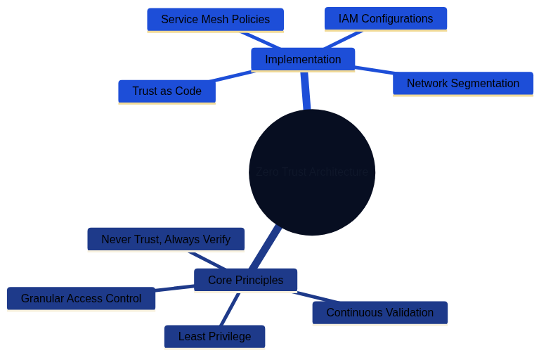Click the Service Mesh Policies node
click(x=215, y=20)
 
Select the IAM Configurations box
click(x=385, y=19)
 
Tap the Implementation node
click(x=303, y=60)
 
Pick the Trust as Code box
click(x=167, y=91)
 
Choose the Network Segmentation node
click(x=462, y=84)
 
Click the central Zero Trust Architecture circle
click(x=312, y=172)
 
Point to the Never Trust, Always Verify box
click(x=166, y=240)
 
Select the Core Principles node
click(x=245, y=281)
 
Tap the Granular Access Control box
click(x=81, y=299)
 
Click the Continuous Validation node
click(x=379, y=313)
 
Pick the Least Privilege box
click(x=214, y=337)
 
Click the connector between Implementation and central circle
click(x=306, y=91)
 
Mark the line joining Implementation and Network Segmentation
click(x=374, y=70)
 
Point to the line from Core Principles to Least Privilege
click(x=230, y=309)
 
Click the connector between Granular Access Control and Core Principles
click(x=174, y=288)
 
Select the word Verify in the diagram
click(x=214, y=240)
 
